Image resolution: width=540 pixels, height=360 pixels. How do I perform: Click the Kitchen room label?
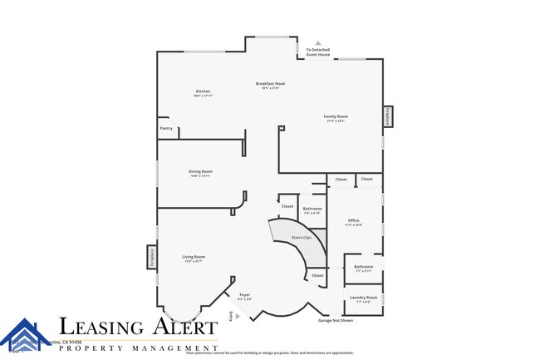pyautogui.click(x=203, y=91)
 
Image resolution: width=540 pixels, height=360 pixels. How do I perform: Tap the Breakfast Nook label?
pyautogui.click(x=271, y=84)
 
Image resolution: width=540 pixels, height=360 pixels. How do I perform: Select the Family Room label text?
pyautogui.click(x=336, y=116)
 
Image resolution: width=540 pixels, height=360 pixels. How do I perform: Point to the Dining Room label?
pyautogui.click(x=200, y=171)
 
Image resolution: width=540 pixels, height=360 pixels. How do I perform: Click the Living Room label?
pyautogui.click(x=194, y=257)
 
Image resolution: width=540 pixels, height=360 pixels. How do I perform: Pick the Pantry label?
pyautogui.click(x=166, y=129)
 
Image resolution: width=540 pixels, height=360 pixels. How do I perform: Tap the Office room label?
pyautogui.click(x=353, y=220)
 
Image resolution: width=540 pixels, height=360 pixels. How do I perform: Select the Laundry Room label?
pyautogui.click(x=363, y=297)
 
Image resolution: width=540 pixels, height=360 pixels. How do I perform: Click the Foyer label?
pyautogui.click(x=244, y=295)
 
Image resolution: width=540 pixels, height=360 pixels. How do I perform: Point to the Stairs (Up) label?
pyautogui.click(x=301, y=238)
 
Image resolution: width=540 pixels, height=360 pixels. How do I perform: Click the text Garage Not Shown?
pyautogui.click(x=336, y=320)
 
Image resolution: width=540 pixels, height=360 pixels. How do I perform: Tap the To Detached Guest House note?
pyautogui.click(x=317, y=52)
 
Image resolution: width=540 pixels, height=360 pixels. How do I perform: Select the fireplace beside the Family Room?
pyautogui.click(x=387, y=117)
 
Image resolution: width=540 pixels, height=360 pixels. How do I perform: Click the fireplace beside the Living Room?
pyautogui.click(x=152, y=256)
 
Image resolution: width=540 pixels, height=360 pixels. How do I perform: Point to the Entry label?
pyautogui.click(x=232, y=317)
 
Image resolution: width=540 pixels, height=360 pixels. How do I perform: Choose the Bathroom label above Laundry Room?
pyautogui.click(x=363, y=267)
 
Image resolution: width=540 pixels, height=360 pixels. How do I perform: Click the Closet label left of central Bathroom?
pyautogui.click(x=287, y=206)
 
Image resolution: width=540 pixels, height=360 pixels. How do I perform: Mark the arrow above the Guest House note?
pyautogui.click(x=317, y=42)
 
